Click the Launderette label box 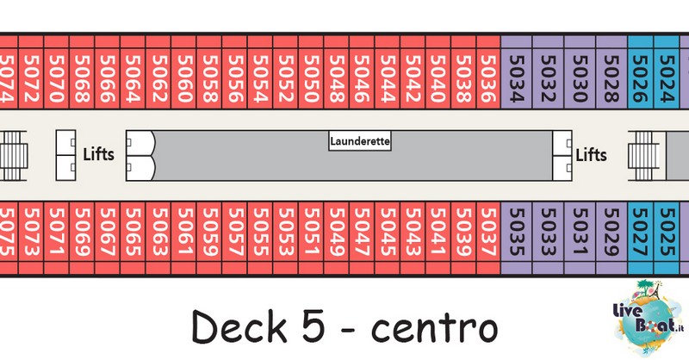360,141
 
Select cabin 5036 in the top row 487,71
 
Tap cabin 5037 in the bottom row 487,239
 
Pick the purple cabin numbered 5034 516,71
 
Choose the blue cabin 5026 641,71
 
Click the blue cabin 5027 641,239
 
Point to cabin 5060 183,71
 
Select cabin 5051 311,239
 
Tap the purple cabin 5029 611,239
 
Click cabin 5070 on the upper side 56,71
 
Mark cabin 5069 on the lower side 82,239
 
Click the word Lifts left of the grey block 99,154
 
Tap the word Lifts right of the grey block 592,155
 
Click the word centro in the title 435,328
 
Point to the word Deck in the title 239,326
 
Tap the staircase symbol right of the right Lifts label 643,156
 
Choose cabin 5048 337,71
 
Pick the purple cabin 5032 548,71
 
